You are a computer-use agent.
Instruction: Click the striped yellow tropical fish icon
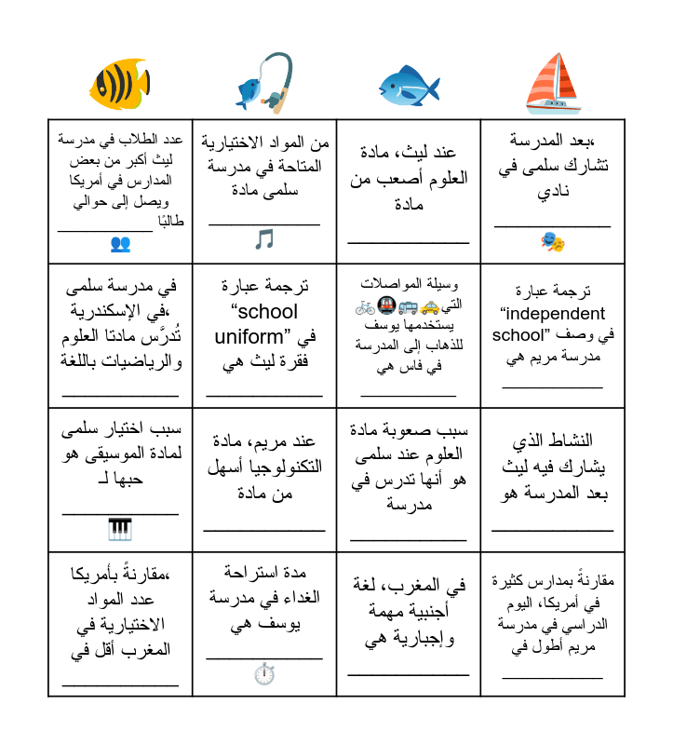pos(119,84)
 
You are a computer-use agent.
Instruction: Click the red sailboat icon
pos(553,84)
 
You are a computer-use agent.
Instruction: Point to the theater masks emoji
pos(553,243)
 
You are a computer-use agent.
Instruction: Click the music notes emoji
pos(264,240)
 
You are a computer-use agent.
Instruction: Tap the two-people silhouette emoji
pos(120,244)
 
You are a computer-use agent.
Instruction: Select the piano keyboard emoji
pos(120,530)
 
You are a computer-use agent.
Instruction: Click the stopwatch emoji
pos(264,674)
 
